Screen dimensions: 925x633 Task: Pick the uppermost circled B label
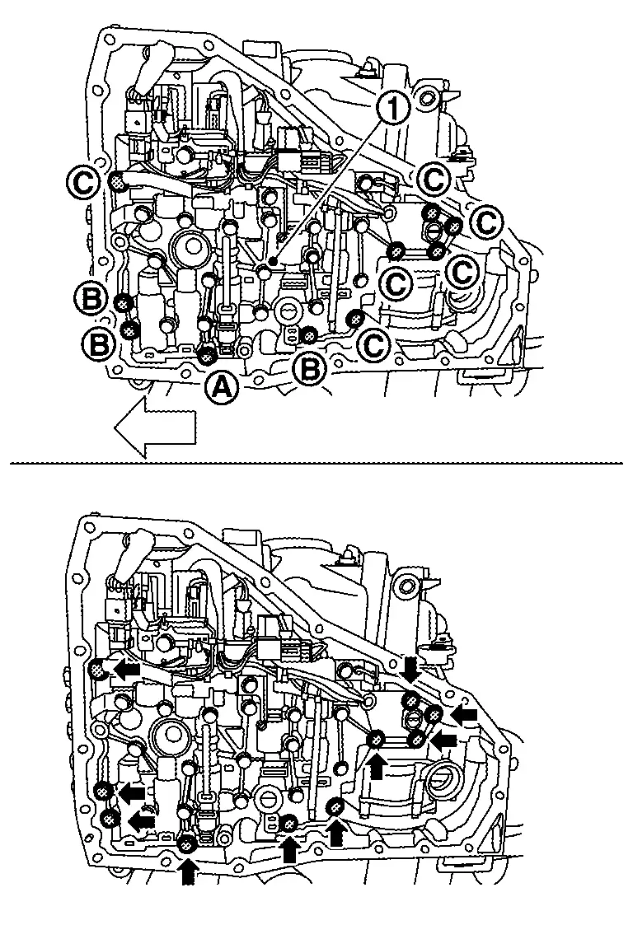[92, 297]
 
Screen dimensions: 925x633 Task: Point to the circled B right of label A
[311, 371]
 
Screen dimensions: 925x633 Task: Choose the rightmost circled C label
[488, 221]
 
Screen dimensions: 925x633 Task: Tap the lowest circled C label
[375, 345]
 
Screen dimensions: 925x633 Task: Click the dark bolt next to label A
[207, 356]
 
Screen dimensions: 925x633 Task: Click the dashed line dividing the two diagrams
[316, 463]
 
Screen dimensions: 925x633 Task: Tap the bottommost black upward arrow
[188, 871]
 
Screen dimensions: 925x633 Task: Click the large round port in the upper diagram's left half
[190, 245]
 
